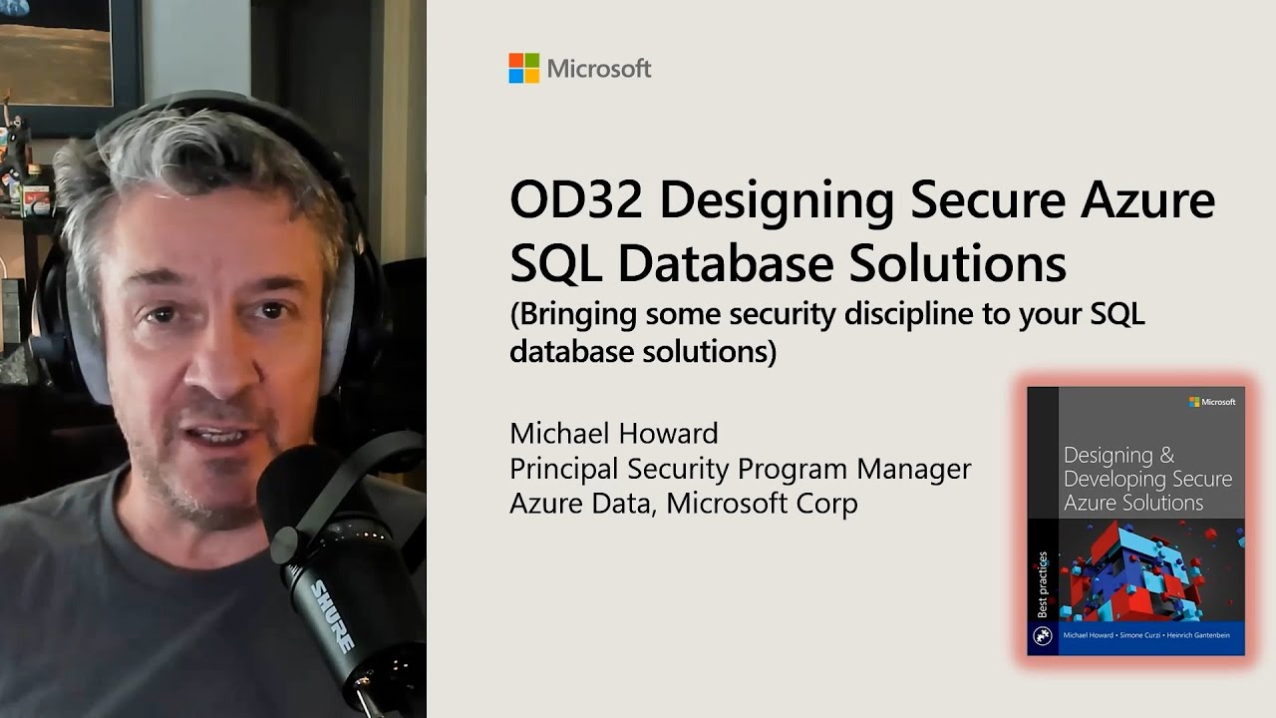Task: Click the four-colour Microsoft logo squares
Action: pyautogui.click(x=523, y=68)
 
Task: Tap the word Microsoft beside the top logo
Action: pyautogui.click(x=599, y=69)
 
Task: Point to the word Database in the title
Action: pyautogui.click(x=718, y=263)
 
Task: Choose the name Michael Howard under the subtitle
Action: pyautogui.click(x=613, y=434)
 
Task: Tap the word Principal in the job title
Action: pyautogui.click(x=563, y=468)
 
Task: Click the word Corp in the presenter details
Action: pyautogui.click(x=826, y=503)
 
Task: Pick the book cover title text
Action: pyautogui.click(x=1146, y=479)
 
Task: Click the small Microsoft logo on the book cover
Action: pyautogui.click(x=1212, y=402)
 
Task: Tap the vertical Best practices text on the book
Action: pyautogui.click(x=1042, y=584)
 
